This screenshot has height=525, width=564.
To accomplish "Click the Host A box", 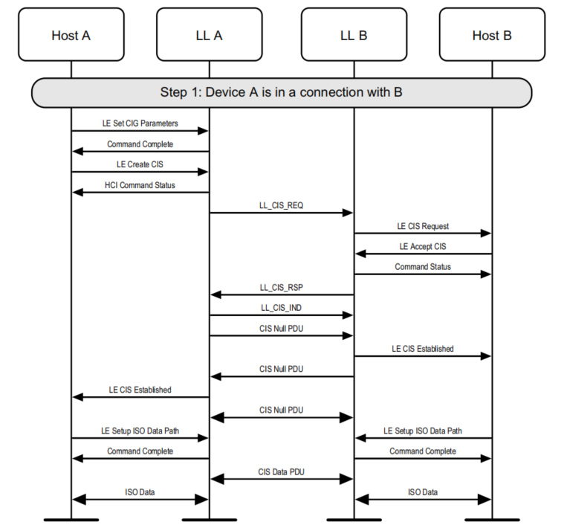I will (71, 35).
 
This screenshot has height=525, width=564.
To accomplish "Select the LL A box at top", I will (209, 35).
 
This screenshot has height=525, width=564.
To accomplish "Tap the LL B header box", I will (353, 35).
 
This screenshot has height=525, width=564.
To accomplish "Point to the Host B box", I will (491, 35).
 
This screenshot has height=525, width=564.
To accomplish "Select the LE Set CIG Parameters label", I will (140, 123).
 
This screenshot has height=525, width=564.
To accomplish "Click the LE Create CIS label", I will (140, 164).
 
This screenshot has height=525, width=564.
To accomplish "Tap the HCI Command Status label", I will (140, 185).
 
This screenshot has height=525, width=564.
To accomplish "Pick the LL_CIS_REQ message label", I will (281, 205).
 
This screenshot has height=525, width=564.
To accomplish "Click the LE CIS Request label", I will (422, 226).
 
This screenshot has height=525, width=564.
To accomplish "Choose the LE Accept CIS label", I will (422, 246).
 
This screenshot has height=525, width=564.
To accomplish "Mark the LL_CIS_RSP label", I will (281, 287).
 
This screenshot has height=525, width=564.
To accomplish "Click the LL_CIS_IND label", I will (281, 307).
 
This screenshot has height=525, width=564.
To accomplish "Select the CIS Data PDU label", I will (281, 471).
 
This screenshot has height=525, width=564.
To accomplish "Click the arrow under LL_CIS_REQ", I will (281, 213).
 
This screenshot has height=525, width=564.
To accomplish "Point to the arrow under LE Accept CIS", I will (422, 254).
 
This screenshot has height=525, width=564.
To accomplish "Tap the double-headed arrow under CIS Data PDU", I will (281, 480).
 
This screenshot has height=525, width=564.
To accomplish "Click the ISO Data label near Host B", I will (422, 492).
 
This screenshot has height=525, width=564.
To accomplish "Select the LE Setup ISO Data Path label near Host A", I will (140, 431).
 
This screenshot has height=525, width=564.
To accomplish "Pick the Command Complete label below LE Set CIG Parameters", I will (140, 144).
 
